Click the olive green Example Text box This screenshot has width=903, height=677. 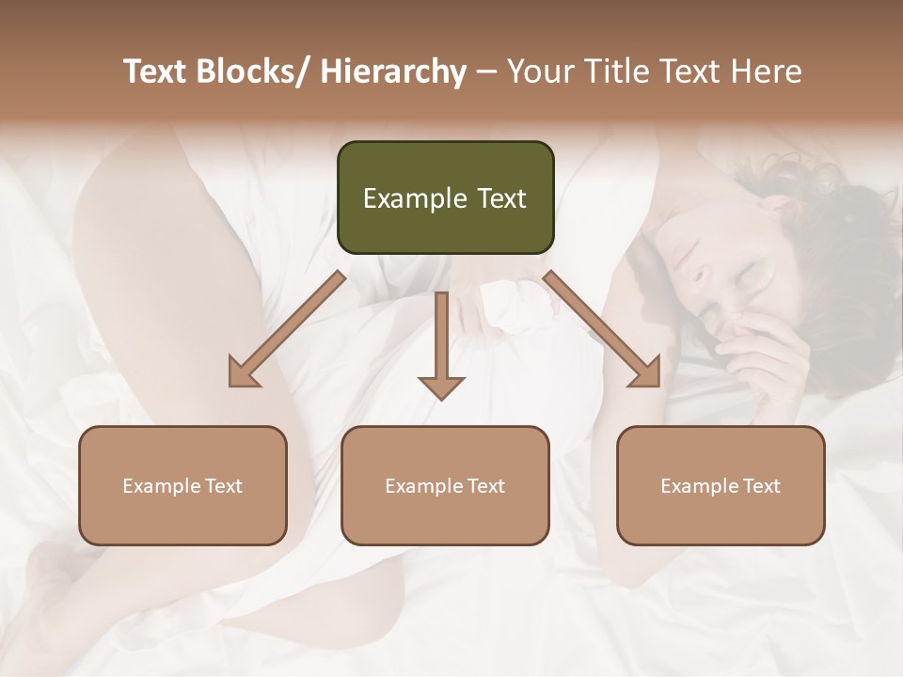tap(445, 197)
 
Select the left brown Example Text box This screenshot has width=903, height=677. tap(182, 485)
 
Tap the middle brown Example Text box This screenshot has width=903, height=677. tap(445, 485)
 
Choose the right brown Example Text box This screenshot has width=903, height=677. tap(721, 485)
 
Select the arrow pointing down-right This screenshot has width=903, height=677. tap(603, 329)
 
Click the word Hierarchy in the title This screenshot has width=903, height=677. tap(393, 72)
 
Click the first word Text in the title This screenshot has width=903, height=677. tap(156, 72)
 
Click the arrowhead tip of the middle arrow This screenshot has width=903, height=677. tap(441, 398)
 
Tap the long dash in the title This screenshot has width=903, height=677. tap(485, 72)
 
